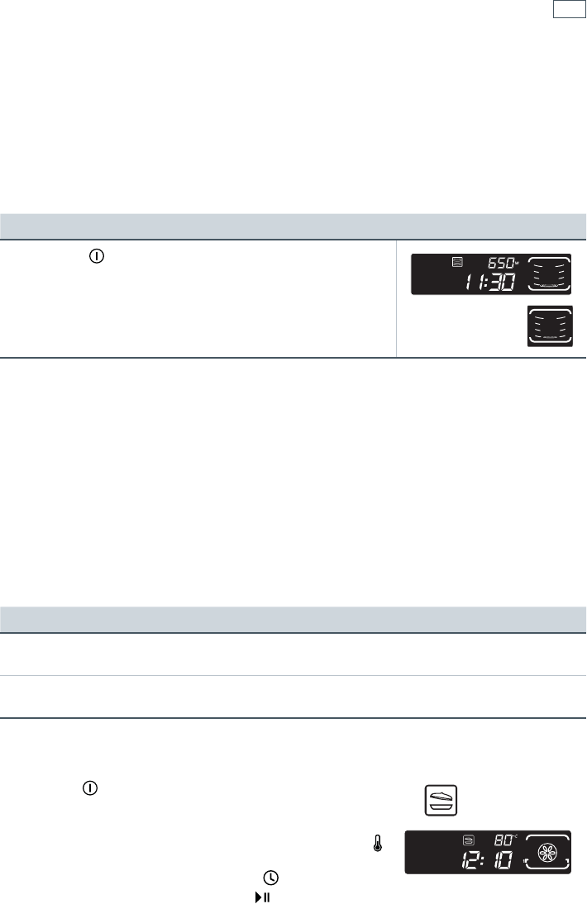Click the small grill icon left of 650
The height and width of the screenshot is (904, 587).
coord(456,263)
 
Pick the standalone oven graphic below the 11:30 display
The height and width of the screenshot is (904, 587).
coord(550,327)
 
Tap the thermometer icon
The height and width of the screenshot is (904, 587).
coord(378,842)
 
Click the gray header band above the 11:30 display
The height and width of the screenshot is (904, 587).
coord(293,226)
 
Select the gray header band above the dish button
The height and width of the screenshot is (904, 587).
coord(293,619)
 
